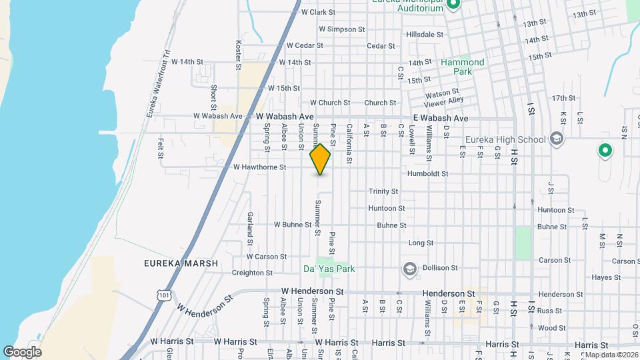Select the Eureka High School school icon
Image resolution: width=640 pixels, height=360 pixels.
click(557, 139)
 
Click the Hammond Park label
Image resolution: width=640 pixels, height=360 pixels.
click(463, 66)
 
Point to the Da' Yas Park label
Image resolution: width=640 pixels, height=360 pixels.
click(329, 269)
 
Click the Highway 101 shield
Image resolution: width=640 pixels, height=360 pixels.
click(164, 294)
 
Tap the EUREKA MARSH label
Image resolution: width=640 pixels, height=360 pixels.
click(181, 263)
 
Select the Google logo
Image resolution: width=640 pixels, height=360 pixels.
click(22, 351)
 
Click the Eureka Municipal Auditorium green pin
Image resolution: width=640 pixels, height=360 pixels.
click(453, 5)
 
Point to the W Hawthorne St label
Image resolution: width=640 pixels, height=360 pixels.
click(259, 167)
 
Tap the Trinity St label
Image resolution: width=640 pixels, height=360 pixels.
click(383, 191)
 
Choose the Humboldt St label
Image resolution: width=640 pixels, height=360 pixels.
click(427, 173)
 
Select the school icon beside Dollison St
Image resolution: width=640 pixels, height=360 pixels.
click(409, 269)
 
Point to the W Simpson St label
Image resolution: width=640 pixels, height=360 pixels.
click(341, 29)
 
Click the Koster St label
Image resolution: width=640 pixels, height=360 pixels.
click(238, 55)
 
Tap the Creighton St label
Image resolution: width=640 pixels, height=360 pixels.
click(252, 273)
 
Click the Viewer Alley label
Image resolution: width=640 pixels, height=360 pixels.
click(447, 100)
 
